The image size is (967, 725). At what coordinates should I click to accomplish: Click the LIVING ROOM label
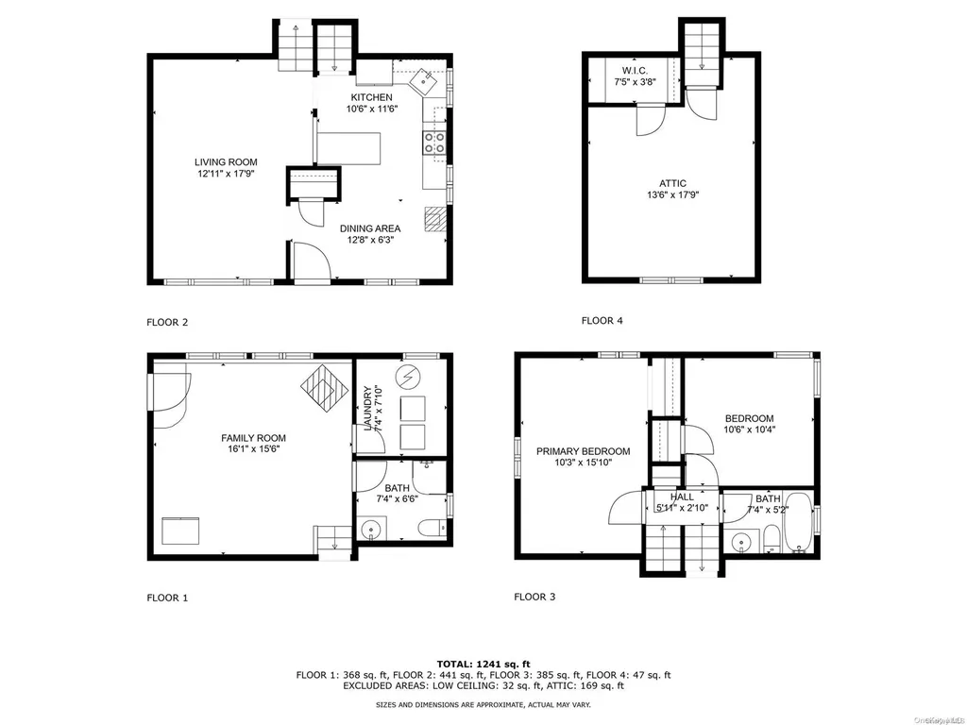tap(226, 162)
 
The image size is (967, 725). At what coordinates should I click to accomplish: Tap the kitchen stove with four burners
tap(434, 143)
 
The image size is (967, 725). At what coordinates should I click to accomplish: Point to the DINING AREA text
tap(370, 228)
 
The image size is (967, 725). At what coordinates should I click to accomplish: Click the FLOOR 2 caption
tap(167, 322)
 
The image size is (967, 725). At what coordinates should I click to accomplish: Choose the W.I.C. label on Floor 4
tap(635, 71)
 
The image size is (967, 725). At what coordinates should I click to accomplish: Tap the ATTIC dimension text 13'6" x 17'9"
tap(672, 194)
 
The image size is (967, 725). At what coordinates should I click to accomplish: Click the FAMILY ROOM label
tap(253, 438)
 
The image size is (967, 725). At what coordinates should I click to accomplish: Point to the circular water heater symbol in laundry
tap(408, 375)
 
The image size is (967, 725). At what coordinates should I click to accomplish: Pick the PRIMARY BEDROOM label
tap(584, 451)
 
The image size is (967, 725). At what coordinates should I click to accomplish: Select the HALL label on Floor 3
tap(682, 497)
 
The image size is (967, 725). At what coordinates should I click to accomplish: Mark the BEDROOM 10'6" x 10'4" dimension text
tap(749, 430)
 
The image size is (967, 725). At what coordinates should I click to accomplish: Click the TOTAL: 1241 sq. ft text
tap(483, 664)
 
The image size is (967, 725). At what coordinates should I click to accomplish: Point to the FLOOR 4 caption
tap(602, 321)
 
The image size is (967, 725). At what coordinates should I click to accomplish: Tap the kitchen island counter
tap(348, 148)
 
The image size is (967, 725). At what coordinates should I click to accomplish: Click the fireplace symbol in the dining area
tap(434, 219)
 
